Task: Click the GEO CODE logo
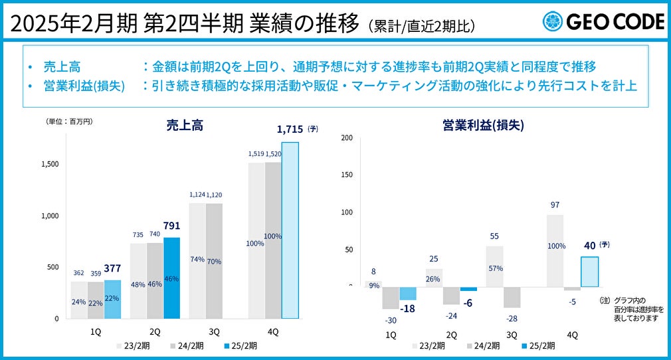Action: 603,22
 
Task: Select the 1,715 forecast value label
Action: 290,130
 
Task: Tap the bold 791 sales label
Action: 171,226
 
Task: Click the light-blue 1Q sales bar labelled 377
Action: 112,299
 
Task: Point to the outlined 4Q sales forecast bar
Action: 290,230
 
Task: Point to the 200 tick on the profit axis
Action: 346,137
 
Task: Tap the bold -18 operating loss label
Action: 407,308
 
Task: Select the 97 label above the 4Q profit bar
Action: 555,205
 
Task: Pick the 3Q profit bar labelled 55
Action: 494,266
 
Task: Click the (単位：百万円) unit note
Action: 69,122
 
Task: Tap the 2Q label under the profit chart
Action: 451,335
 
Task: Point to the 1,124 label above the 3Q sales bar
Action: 197,195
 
